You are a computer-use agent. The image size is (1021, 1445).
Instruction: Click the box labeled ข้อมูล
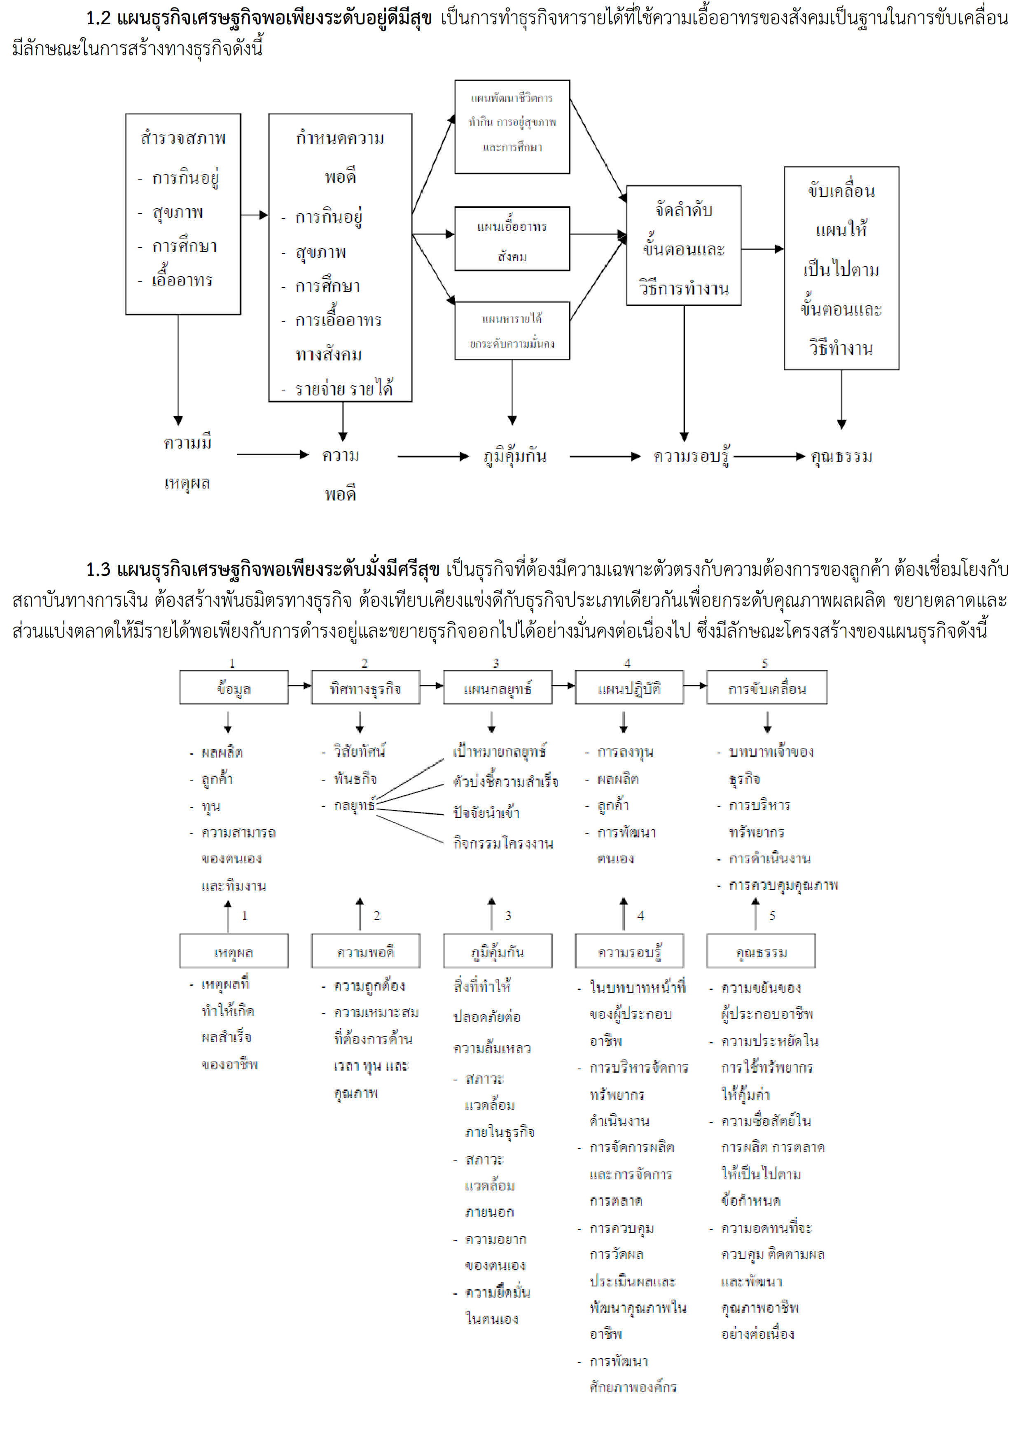(x=234, y=687)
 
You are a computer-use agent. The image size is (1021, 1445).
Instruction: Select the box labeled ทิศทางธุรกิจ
(x=365, y=687)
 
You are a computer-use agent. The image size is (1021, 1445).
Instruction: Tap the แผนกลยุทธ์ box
(x=498, y=687)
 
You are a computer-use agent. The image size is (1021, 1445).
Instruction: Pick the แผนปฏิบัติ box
(x=629, y=687)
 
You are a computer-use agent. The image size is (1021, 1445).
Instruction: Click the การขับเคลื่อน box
(x=767, y=687)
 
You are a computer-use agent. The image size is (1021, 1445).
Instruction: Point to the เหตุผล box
(x=234, y=951)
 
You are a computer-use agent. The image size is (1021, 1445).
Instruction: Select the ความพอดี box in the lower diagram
(x=365, y=951)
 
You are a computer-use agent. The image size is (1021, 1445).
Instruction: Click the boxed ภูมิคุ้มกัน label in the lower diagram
(x=498, y=951)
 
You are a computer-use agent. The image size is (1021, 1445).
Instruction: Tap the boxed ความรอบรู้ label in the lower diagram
(x=629, y=951)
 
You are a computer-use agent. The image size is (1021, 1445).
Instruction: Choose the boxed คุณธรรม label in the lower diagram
(x=761, y=951)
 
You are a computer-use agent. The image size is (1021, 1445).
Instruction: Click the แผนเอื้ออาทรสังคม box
(x=512, y=239)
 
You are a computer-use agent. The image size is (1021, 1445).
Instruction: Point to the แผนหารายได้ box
(x=512, y=330)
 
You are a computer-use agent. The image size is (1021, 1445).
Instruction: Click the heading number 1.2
(x=98, y=18)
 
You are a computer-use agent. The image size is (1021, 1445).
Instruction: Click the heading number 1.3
(x=98, y=570)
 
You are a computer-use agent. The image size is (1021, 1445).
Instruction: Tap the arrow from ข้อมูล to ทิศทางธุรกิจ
(x=300, y=685)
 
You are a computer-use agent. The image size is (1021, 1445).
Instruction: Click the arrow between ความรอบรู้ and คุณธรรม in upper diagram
(x=769, y=456)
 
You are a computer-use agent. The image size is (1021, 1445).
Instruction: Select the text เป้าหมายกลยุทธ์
(x=500, y=751)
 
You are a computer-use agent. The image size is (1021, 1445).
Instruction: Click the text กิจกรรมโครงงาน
(x=503, y=843)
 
